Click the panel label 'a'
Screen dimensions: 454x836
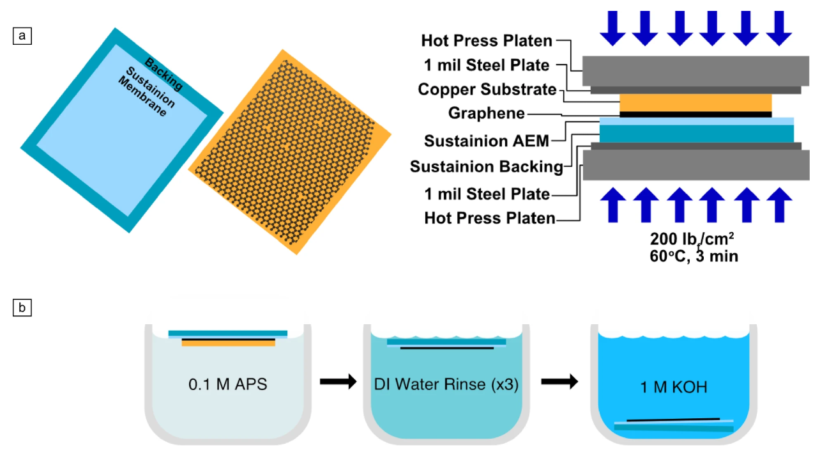22,36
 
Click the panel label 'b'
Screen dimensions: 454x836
22,308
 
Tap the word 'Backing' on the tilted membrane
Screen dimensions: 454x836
163,74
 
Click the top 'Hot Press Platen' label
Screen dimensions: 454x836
487,41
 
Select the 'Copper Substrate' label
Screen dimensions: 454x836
487,90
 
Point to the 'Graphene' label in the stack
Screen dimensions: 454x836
487,113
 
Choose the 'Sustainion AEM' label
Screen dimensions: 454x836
487,141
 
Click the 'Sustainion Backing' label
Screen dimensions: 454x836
487,167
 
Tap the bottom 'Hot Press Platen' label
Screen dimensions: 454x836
489,218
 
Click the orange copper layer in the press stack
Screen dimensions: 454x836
695,103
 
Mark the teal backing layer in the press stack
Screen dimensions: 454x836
696,133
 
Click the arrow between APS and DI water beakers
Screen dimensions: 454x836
337,382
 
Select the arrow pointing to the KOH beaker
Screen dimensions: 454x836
559,382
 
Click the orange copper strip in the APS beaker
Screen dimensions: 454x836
228,343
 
